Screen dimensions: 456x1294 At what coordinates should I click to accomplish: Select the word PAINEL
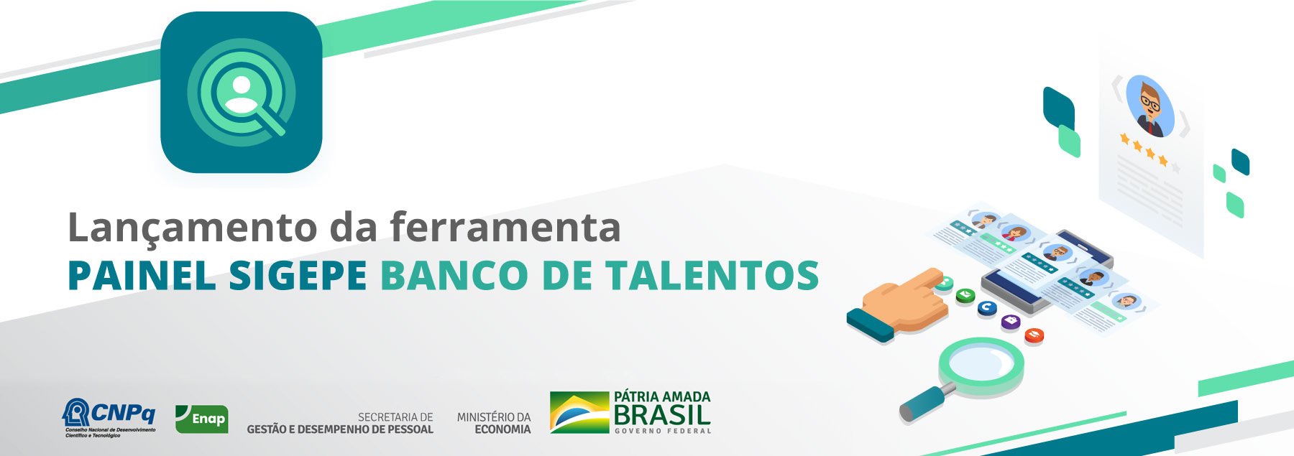pos(142,275)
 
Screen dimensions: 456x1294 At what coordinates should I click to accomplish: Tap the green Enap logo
pos(202,419)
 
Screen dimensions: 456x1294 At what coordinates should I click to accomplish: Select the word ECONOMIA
pos(503,429)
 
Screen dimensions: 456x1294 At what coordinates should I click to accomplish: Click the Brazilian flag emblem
pos(579,412)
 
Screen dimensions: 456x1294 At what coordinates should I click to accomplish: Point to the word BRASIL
pos(662,415)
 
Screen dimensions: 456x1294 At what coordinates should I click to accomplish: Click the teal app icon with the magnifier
pos(242,92)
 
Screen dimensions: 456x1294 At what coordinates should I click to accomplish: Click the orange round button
pos(1034,334)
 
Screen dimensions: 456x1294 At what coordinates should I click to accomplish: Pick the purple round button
pos(1011,321)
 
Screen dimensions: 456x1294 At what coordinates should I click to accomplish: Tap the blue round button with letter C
pos(987,307)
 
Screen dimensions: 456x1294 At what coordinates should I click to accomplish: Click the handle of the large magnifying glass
pos(924,402)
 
